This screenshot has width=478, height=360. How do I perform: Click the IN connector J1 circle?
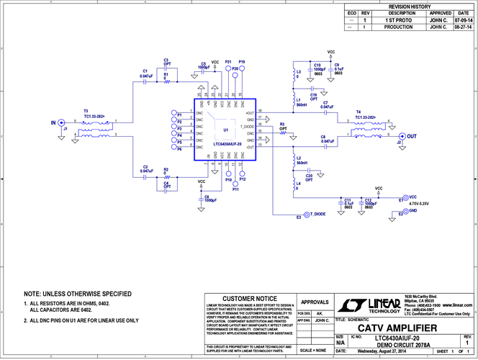(x=63, y=122)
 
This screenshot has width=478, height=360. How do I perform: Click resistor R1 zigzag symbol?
(x=167, y=82)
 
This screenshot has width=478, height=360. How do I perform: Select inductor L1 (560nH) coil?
(x=294, y=98)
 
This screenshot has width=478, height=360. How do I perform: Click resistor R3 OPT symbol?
(x=283, y=134)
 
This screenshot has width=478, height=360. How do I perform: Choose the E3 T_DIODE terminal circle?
(x=306, y=215)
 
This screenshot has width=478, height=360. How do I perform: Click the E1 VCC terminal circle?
(x=404, y=197)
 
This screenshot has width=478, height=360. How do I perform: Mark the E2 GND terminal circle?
(x=404, y=213)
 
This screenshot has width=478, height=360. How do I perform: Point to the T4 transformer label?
(x=358, y=112)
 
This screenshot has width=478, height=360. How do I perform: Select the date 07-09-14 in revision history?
(x=463, y=20)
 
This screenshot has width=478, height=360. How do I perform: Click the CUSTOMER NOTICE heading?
(x=250, y=298)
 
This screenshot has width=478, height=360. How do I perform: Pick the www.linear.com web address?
(x=455, y=305)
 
